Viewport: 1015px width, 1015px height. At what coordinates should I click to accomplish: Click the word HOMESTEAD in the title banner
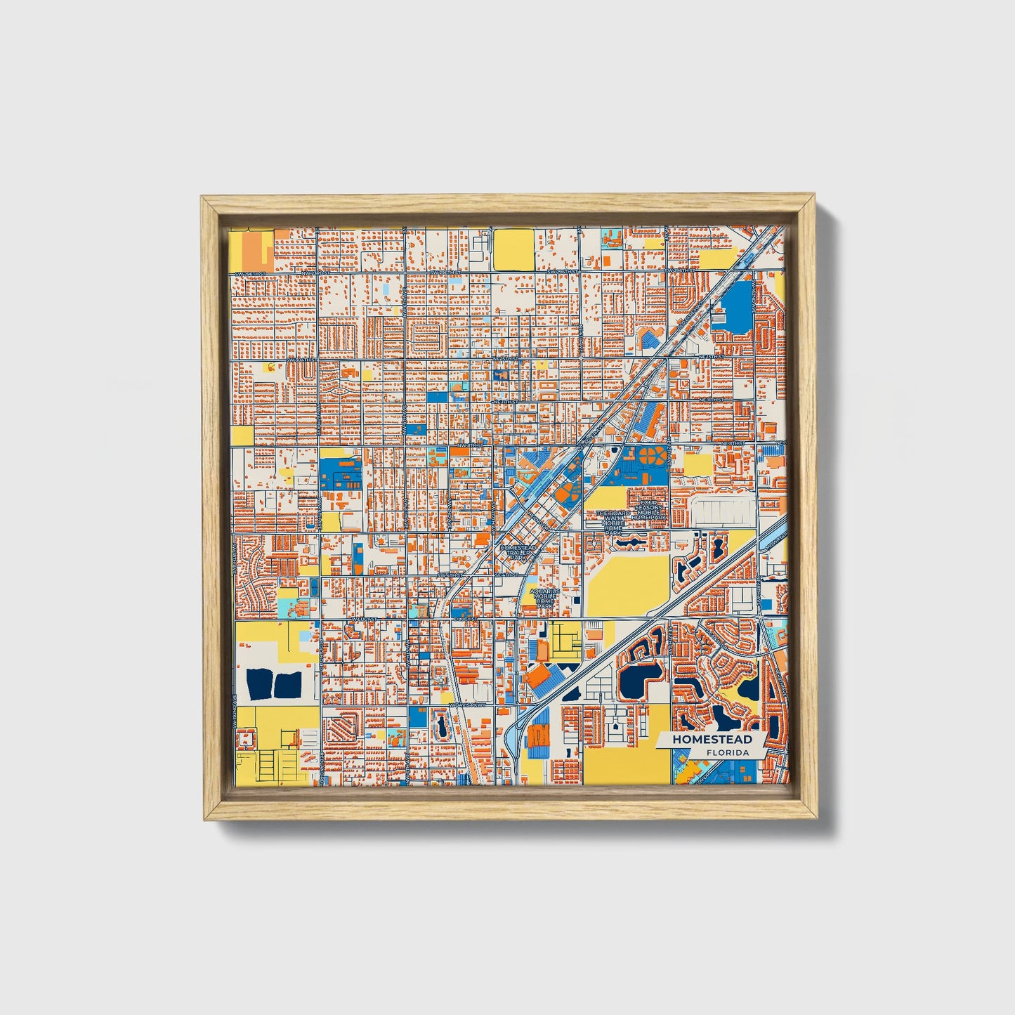[x=712, y=739]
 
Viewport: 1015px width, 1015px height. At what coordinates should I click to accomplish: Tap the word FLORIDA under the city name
[x=728, y=752]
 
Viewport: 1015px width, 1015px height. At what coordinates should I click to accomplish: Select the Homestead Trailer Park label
[x=518, y=552]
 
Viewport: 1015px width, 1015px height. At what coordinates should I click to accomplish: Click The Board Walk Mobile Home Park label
[x=613, y=523]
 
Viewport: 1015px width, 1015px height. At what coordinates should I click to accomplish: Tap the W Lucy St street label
[x=365, y=619]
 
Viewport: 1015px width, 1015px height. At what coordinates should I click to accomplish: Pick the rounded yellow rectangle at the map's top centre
[x=513, y=249]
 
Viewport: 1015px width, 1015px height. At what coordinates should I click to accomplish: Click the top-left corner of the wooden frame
[x=202, y=197]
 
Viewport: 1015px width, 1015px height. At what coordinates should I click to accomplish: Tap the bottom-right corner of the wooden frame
[x=818, y=819]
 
